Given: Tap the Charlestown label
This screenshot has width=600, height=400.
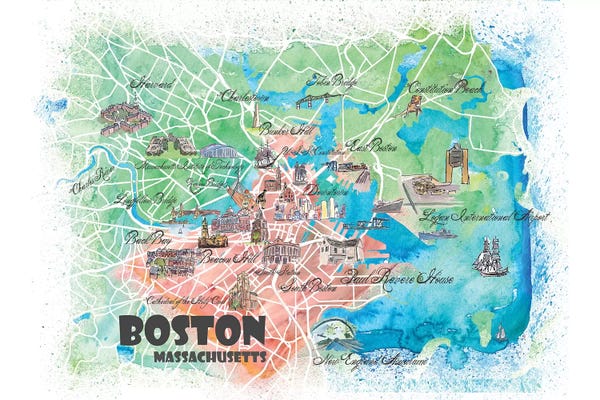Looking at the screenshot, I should (244, 97).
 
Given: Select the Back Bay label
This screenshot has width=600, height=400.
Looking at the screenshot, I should (142, 238).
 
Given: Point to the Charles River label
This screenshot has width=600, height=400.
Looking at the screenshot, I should (90, 184).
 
